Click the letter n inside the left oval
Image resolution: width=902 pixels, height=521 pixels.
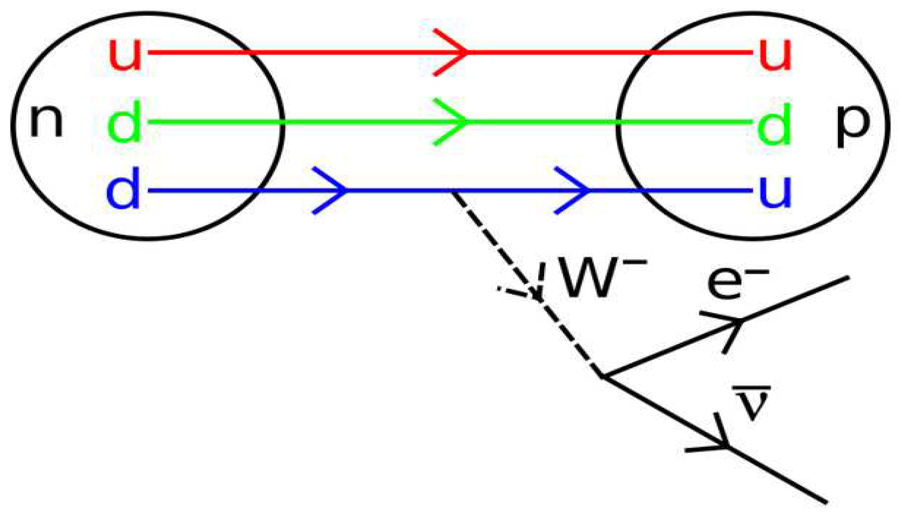[x=46, y=121]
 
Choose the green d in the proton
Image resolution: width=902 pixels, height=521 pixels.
[x=774, y=124]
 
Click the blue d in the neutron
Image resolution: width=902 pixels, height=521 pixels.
[x=123, y=189]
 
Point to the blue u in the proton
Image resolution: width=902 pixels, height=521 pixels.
[x=775, y=191]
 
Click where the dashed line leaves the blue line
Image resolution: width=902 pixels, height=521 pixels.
[x=452, y=192]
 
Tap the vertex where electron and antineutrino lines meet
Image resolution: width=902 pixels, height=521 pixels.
[x=602, y=376]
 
